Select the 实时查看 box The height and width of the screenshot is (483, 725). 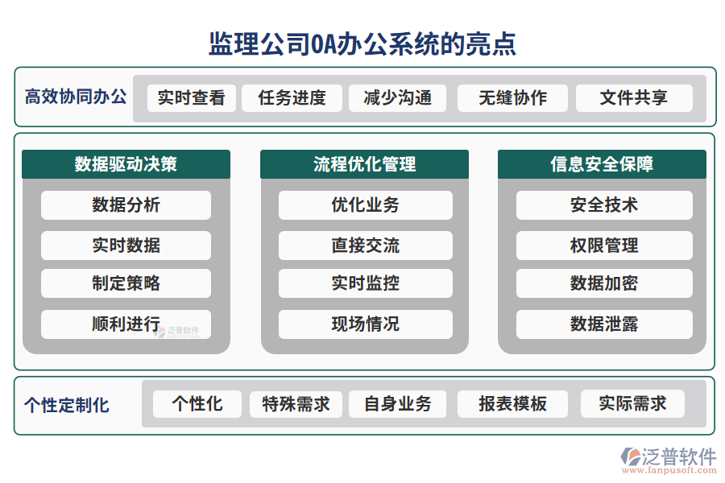tap(191, 98)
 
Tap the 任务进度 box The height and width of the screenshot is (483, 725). tap(292, 98)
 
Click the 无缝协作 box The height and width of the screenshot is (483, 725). tap(512, 98)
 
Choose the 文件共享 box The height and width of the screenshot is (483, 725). tap(633, 98)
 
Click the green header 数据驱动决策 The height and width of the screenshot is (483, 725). tap(126, 164)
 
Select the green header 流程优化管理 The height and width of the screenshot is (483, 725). tap(364, 164)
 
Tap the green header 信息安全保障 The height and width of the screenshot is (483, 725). tap(602, 164)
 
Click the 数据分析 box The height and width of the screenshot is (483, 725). tap(126, 205)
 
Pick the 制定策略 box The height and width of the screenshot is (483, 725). tap(126, 283)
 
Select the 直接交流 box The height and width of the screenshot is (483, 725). tap(365, 246)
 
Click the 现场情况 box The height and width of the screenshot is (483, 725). tap(365, 324)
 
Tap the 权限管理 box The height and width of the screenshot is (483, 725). tap(604, 246)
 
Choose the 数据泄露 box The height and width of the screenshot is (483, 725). tap(604, 324)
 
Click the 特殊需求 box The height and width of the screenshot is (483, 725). tap(296, 404)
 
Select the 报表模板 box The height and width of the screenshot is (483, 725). tap(512, 404)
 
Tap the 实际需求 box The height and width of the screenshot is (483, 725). tap(632, 404)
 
